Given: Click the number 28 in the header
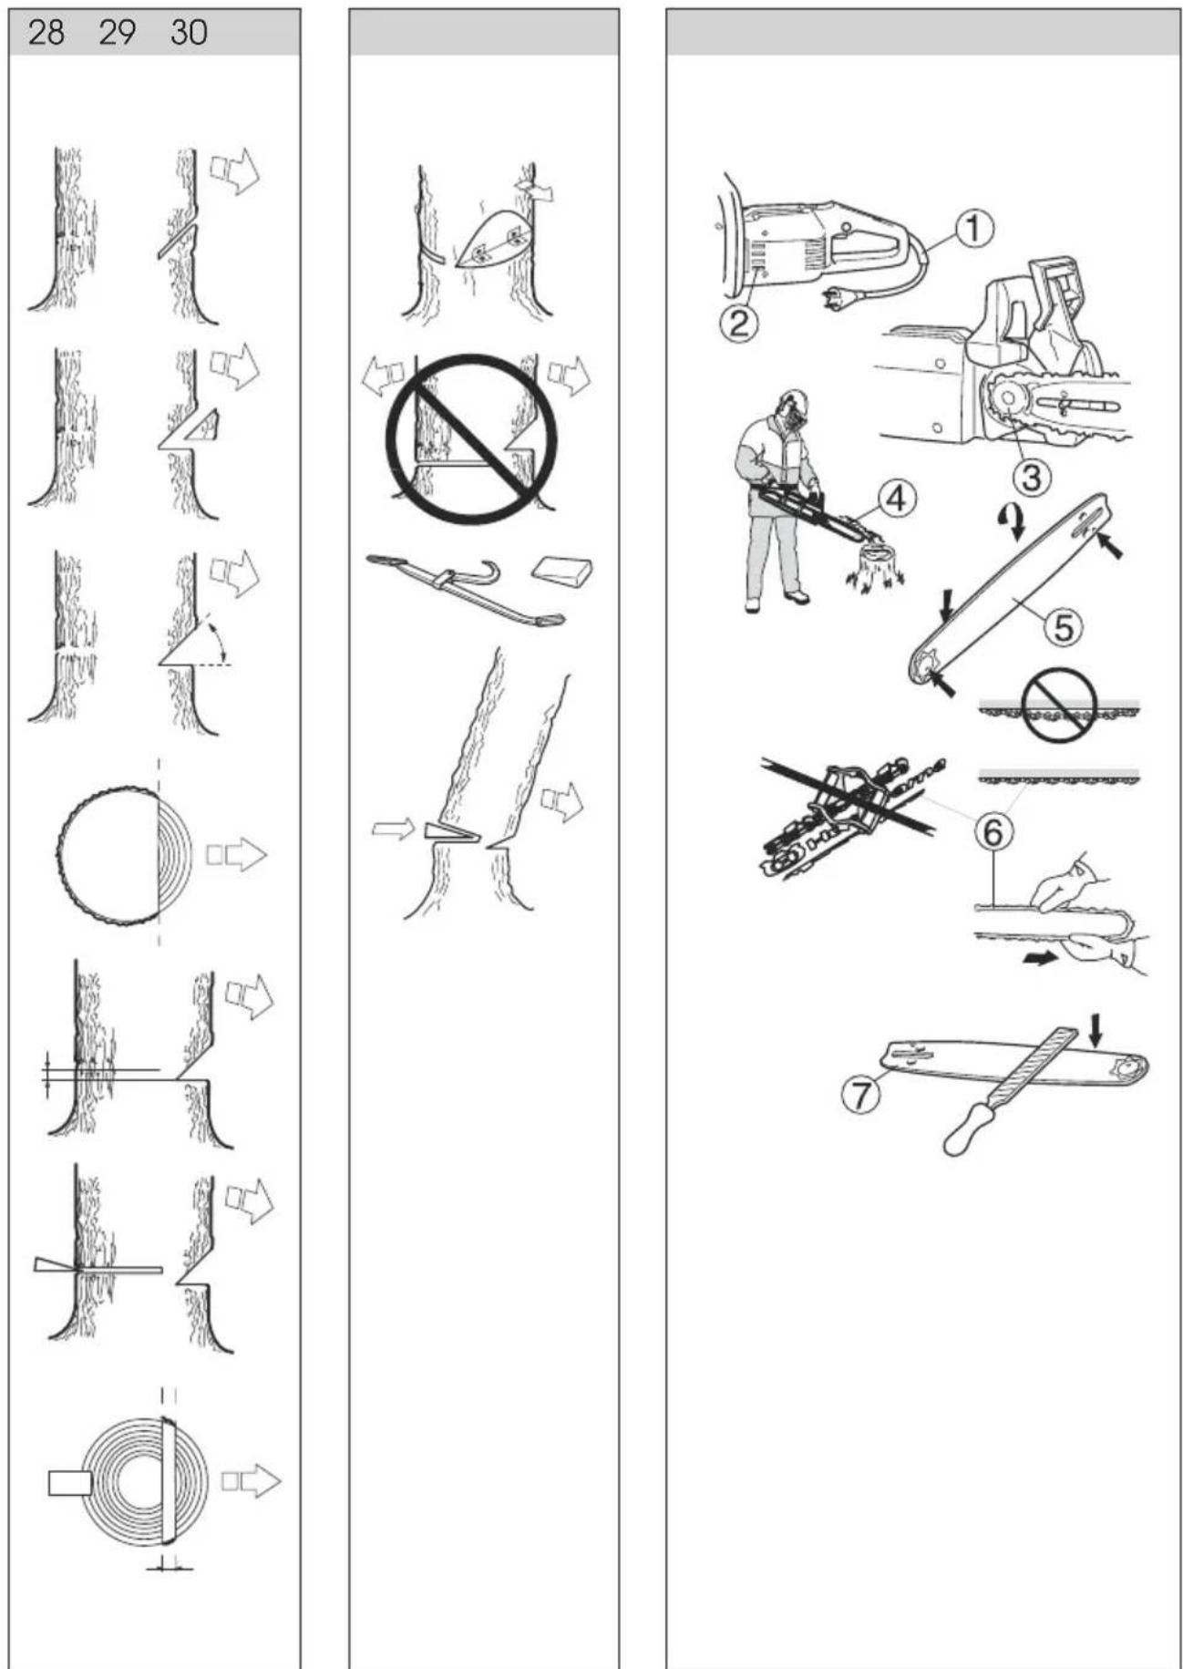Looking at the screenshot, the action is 46,34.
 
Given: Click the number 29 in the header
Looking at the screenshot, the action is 117,34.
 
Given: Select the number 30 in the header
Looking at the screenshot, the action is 189,34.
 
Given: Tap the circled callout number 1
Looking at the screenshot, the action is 974,228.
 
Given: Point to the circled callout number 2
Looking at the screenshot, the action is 738,322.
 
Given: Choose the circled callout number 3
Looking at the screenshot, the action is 1031,475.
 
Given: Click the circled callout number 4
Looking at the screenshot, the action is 897,499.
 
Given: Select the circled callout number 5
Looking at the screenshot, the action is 1063,626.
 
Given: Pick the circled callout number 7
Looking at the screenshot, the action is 860,1094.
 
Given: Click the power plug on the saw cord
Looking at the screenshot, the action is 837,296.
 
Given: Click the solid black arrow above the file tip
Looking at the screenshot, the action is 1096,1030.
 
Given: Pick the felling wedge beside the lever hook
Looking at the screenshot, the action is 562,571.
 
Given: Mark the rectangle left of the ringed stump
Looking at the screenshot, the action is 69,1483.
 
